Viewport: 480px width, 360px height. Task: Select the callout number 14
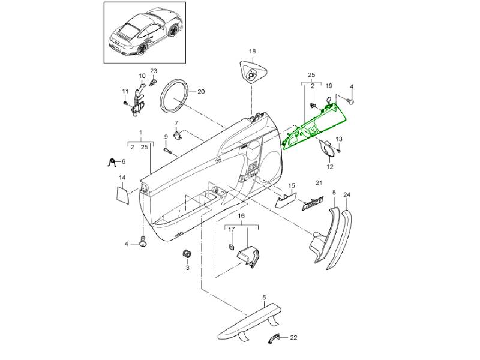pos(122,177)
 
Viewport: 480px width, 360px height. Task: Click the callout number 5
pos(263,297)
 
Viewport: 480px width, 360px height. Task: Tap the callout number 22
pos(293,338)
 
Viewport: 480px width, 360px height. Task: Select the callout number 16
pos(242,215)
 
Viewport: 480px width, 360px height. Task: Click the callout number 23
pos(153,71)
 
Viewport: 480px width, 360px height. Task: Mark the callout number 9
pos(166,136)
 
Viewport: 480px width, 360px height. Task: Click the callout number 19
pos(329,86)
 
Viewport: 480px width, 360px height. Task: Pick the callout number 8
pos(334,192)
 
